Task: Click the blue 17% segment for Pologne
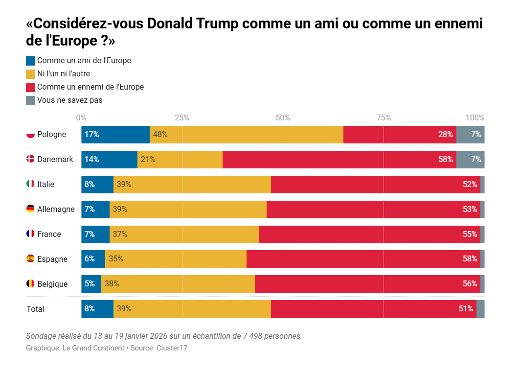tap(115, 135)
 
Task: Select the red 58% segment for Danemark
tap(339, 160)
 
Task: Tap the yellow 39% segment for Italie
tap(192, 185)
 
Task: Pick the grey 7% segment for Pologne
tap(471, 135)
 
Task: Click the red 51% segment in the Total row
tap(373, 309)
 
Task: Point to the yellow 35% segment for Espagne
tap(176, 259)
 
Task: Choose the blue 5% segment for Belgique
tap(91, 284)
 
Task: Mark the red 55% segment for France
tap(369, 234)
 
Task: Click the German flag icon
tap(30, 209)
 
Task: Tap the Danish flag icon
tap(30, 159)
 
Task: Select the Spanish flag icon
tap(30, 259)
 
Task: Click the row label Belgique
tap(52, 284)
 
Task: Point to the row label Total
tap(35, 309)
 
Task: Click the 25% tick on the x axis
tap(182, 117)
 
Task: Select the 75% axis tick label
tap(384, 117)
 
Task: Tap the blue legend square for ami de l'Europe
tap(30, 61)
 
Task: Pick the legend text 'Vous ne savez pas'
tap(69, 100)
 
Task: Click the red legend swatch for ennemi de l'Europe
tap(30, 87)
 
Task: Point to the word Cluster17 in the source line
tap(172, 348)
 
